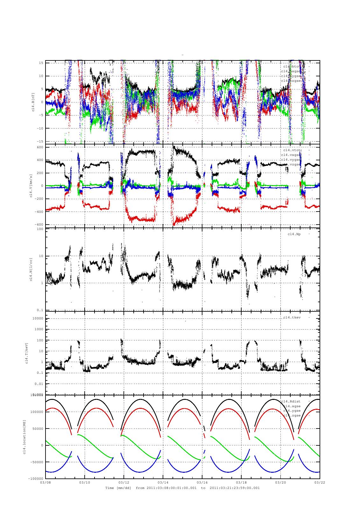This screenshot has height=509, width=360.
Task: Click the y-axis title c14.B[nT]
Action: (33, 102)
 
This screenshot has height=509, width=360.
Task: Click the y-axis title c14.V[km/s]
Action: (31, 186)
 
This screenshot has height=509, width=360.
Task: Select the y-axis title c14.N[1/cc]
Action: (31, 269)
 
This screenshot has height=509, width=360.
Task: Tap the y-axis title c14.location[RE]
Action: (25, 437)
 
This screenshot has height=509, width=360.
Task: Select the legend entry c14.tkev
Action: (292, 317)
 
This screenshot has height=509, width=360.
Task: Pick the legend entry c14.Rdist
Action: (291, 401)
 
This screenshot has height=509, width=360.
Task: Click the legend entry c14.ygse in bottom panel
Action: (292, 411)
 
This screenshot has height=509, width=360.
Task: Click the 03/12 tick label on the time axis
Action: (124, 483)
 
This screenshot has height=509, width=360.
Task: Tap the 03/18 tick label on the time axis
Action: (241, 483)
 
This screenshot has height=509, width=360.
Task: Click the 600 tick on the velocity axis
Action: (39, 147)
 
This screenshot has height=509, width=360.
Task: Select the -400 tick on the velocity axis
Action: (38, 212)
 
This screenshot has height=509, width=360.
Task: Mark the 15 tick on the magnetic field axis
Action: (41, 63)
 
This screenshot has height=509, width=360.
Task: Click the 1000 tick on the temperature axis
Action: (38, 330)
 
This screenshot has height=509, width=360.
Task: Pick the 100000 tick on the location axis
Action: (36, 412)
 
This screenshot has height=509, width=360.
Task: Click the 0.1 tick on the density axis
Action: (40, 310)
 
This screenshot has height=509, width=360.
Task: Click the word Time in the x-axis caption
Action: (110, 488)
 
